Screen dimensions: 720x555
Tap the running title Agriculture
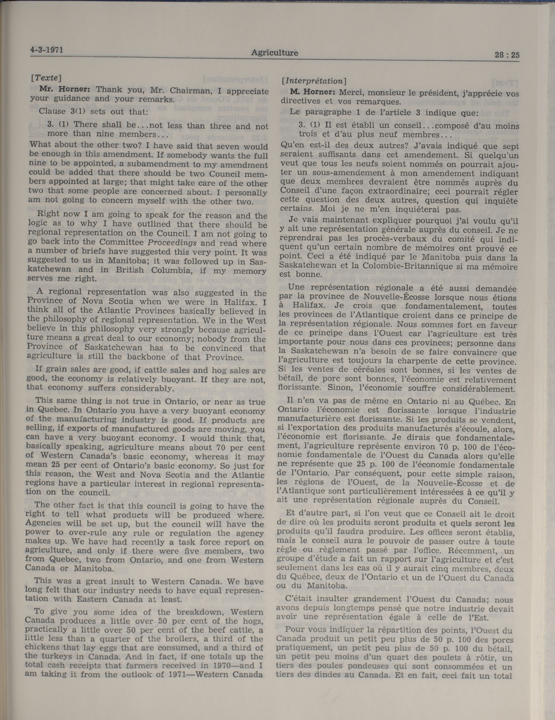click(x=274, y=53)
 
